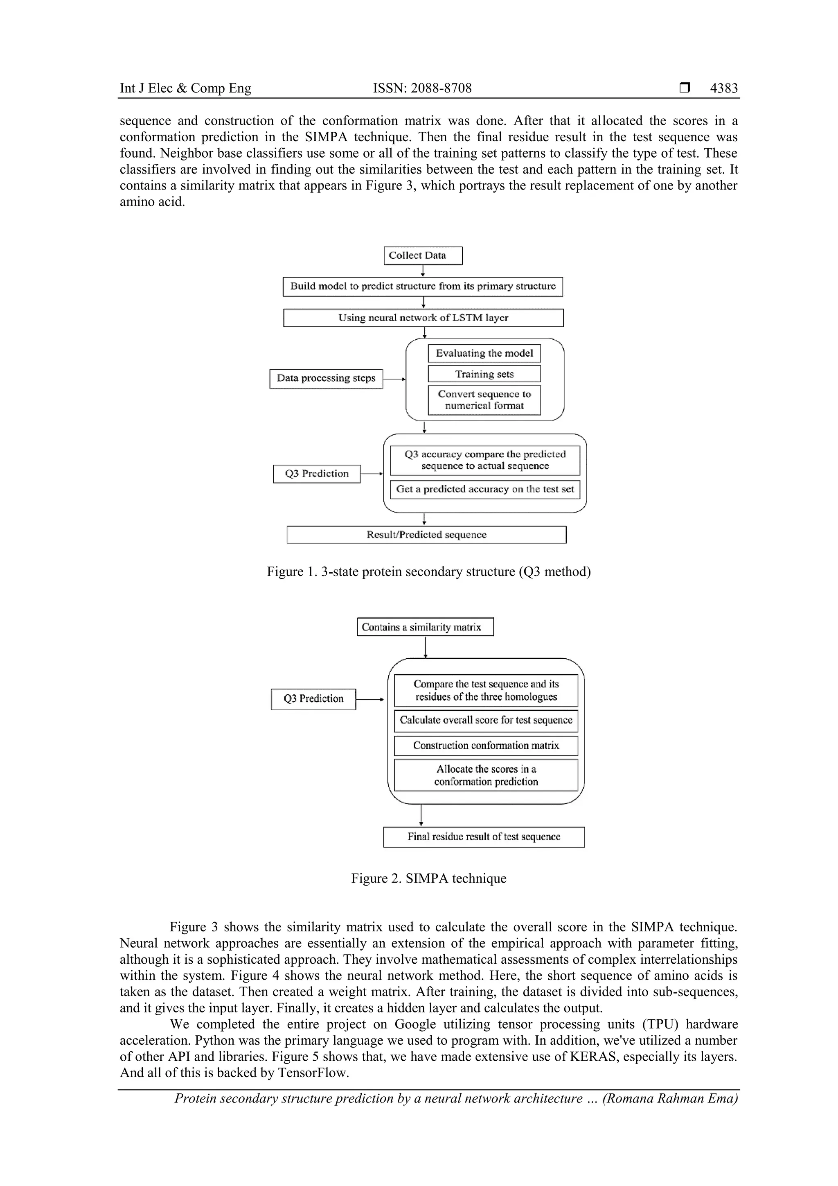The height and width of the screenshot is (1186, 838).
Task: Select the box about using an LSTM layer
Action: (423, 318)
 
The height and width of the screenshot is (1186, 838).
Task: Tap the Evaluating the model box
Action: (484, 353)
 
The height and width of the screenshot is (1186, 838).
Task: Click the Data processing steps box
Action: (326, 379)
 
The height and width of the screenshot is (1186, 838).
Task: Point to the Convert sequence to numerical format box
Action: (484, 400)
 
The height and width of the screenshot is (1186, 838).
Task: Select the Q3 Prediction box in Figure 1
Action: (317, 474)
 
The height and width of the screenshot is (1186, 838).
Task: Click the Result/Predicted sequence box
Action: (426, 535)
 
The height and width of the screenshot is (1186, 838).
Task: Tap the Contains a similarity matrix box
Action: (425, 627)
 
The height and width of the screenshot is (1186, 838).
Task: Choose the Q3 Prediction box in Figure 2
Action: (313, 699)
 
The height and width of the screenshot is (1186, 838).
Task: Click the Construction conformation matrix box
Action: (485, 745)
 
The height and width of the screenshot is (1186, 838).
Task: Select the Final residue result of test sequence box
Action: (483, 837)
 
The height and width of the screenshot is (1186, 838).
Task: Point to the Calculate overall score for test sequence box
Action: (485, 720)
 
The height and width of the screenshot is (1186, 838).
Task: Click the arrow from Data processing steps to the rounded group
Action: (394, 379)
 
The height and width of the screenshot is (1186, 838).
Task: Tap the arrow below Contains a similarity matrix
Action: (425, 647)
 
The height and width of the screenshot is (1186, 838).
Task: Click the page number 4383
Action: (723, 88)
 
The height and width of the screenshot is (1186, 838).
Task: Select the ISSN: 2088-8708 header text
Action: (422, 88)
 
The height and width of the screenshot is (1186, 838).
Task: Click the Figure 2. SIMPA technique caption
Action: (428, 879)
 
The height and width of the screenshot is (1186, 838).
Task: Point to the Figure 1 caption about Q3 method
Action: (428, 572)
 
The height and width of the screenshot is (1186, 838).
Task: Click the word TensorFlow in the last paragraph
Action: (313, 1073)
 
